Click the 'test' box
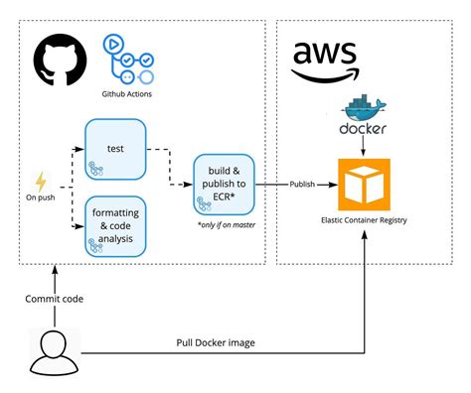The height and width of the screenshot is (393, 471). (115, 149)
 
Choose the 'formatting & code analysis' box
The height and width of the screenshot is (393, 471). (115, 226)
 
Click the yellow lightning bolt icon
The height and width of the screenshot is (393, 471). (41, 183)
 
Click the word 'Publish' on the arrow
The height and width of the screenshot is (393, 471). (304, 184)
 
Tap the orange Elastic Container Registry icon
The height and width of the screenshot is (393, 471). (365, 184)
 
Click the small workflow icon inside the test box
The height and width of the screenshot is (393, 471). (99, 171)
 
